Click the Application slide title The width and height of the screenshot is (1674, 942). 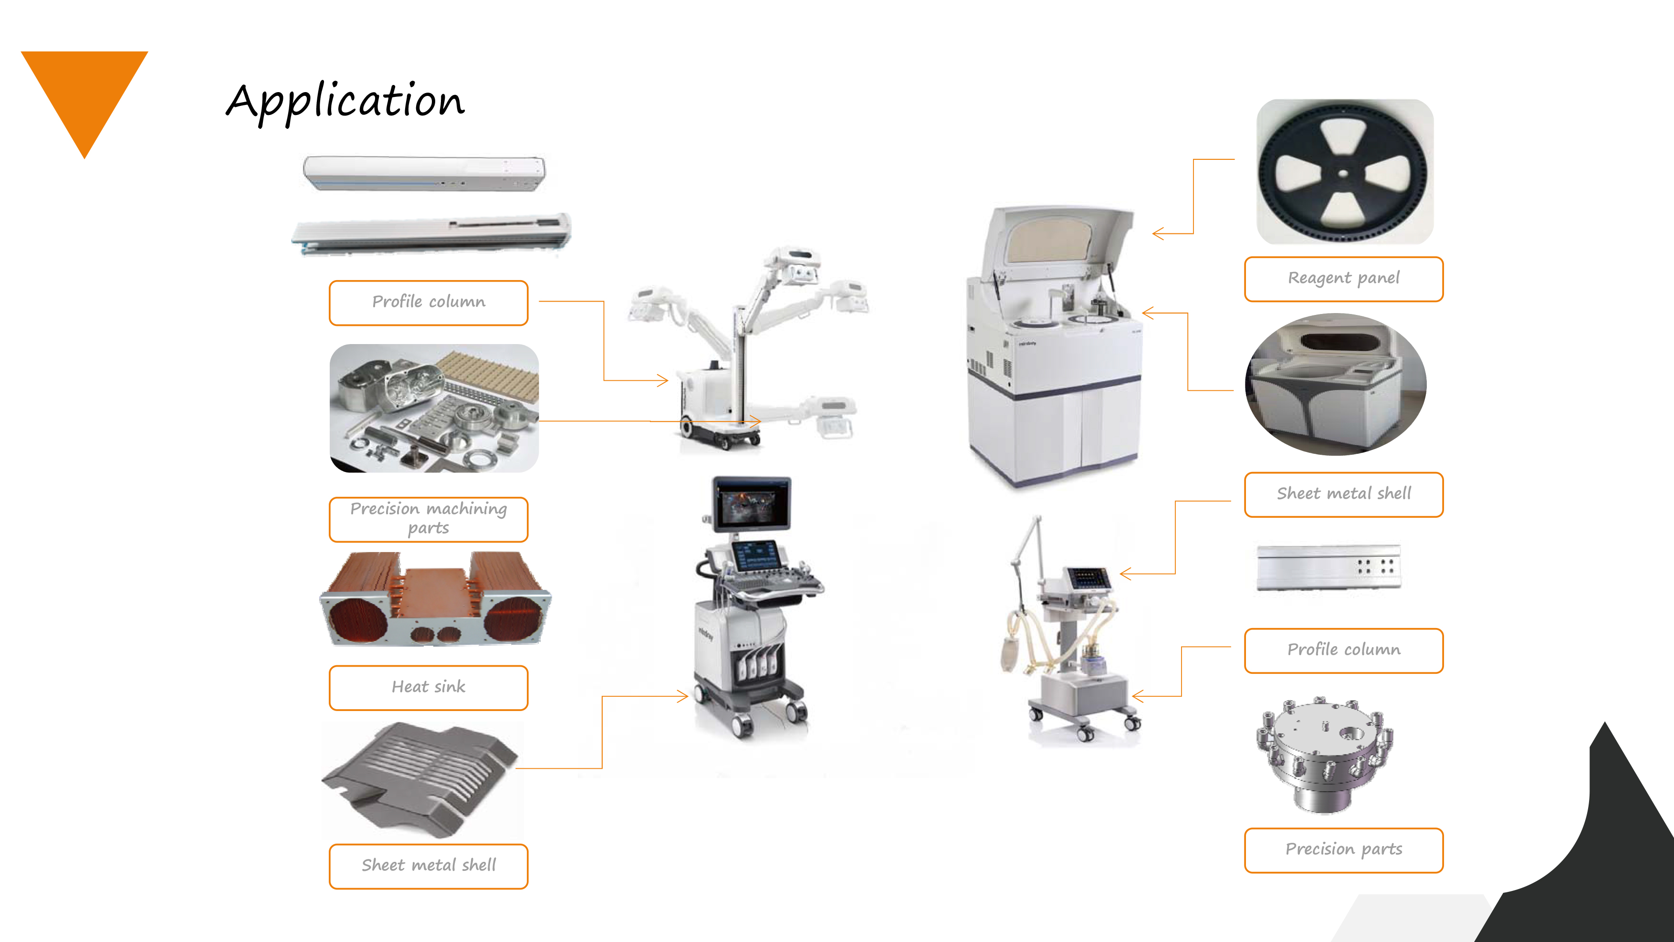pyautogui.click(x=345, y=102)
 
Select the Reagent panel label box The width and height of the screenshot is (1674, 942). pyautogui.click(x=1343, y=279)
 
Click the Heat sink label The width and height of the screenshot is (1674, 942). pyautogui.click(x=428, y=687)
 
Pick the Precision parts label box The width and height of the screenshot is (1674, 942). pyautogui.click(x=1343, y=850)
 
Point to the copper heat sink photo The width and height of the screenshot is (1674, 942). pyautogui.click(x=435, y=599)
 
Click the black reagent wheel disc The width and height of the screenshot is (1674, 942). pyautogui.click(x=1343, y=171)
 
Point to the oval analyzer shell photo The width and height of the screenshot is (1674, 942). pyautogui.click(x=1336, y=385)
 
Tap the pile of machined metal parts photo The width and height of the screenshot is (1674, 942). pyautogui.click(x=434, y=408)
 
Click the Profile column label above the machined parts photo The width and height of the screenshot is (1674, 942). pyautogui.click(x=428, y=303)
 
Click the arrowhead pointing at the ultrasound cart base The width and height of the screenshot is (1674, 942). pyautogui.click(x=682, y=696)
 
